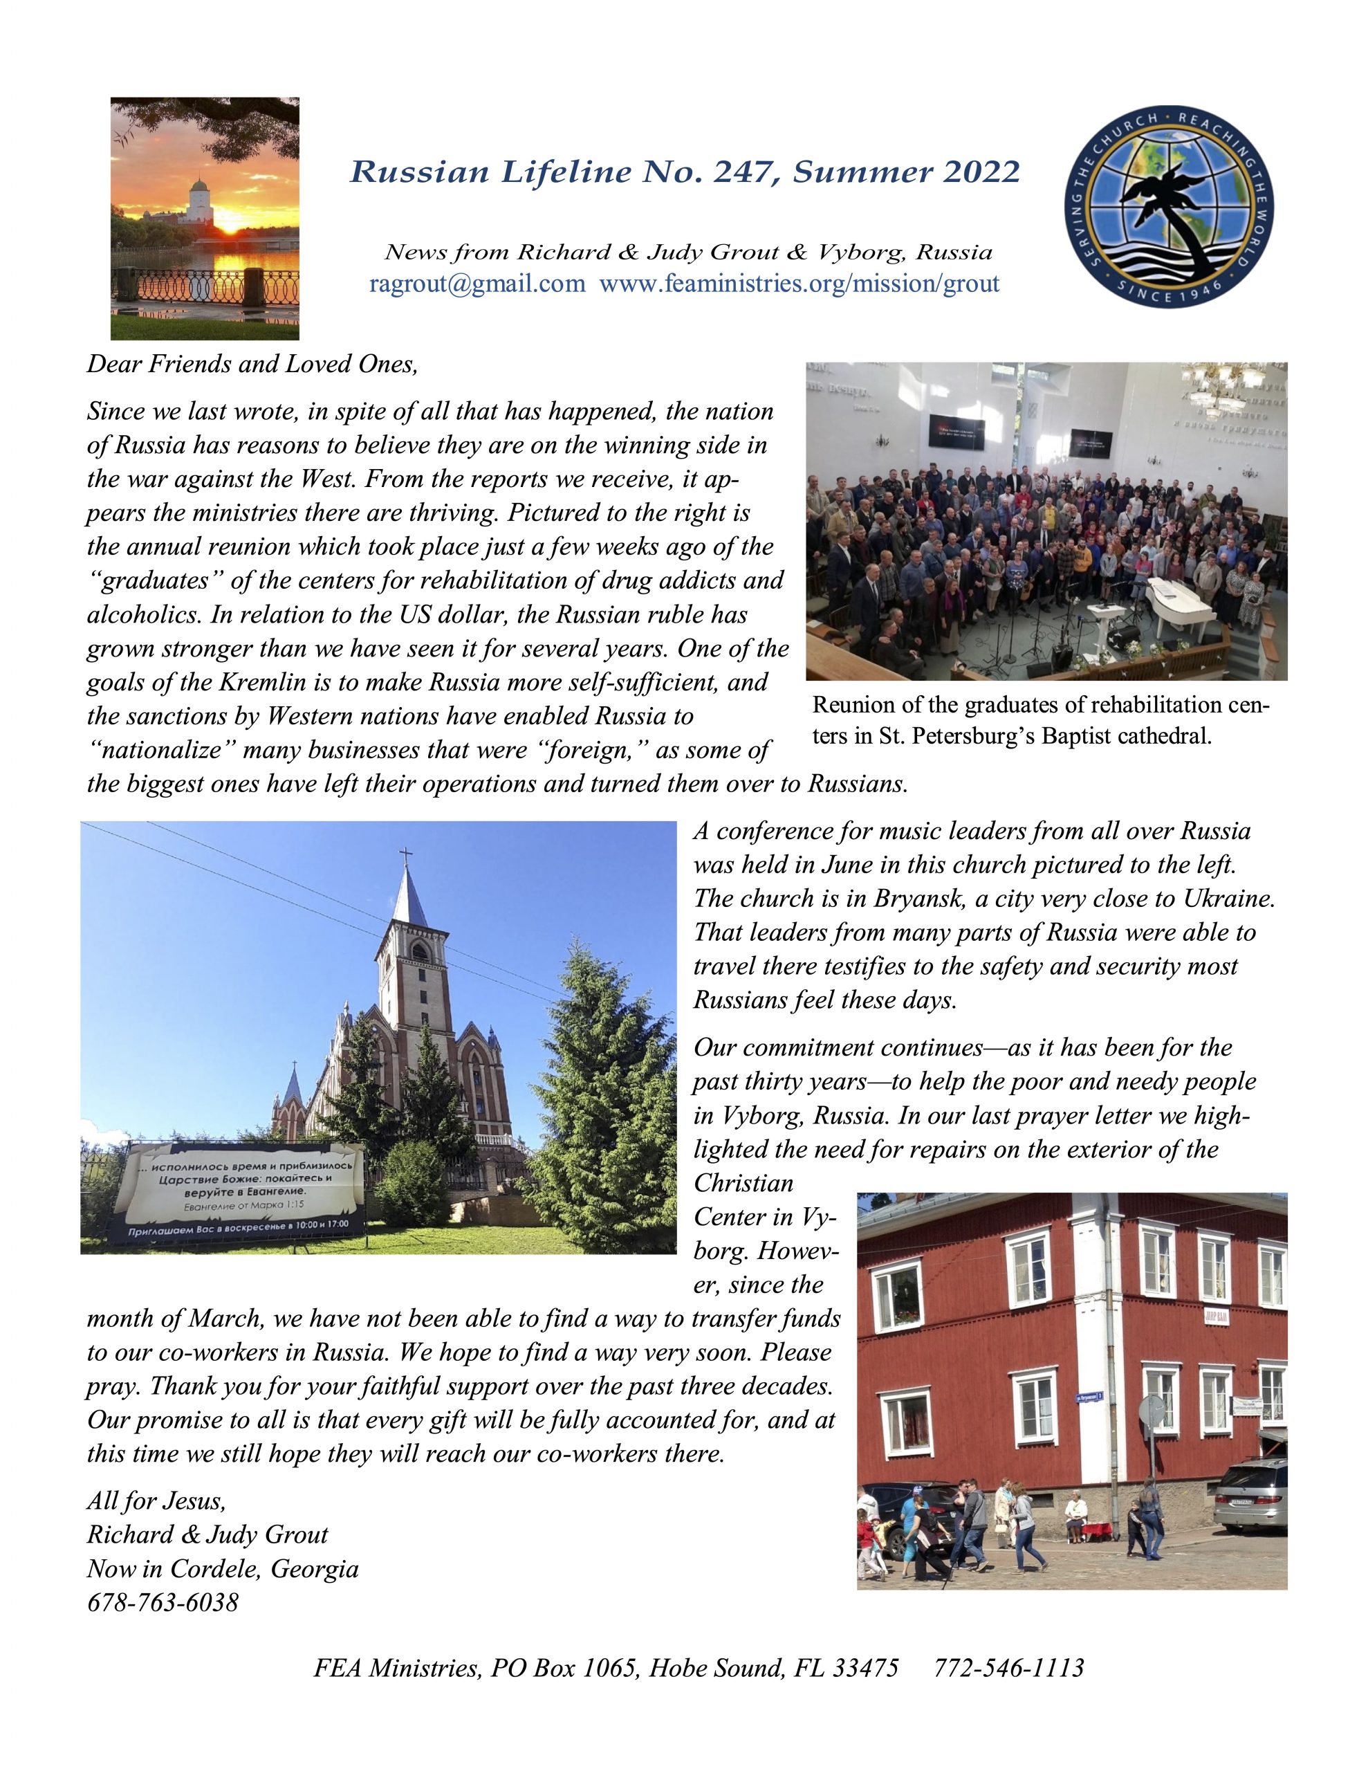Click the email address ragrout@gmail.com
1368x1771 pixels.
pyautogui.click(x=477, y=284)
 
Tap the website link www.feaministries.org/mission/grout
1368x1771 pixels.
pyautogui.click(x=799, y=284)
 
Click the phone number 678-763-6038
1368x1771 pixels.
pyautogui.click(x=163, y=1603)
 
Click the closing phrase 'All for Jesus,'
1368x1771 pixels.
pyautogui.click(x=156, y=1501)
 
